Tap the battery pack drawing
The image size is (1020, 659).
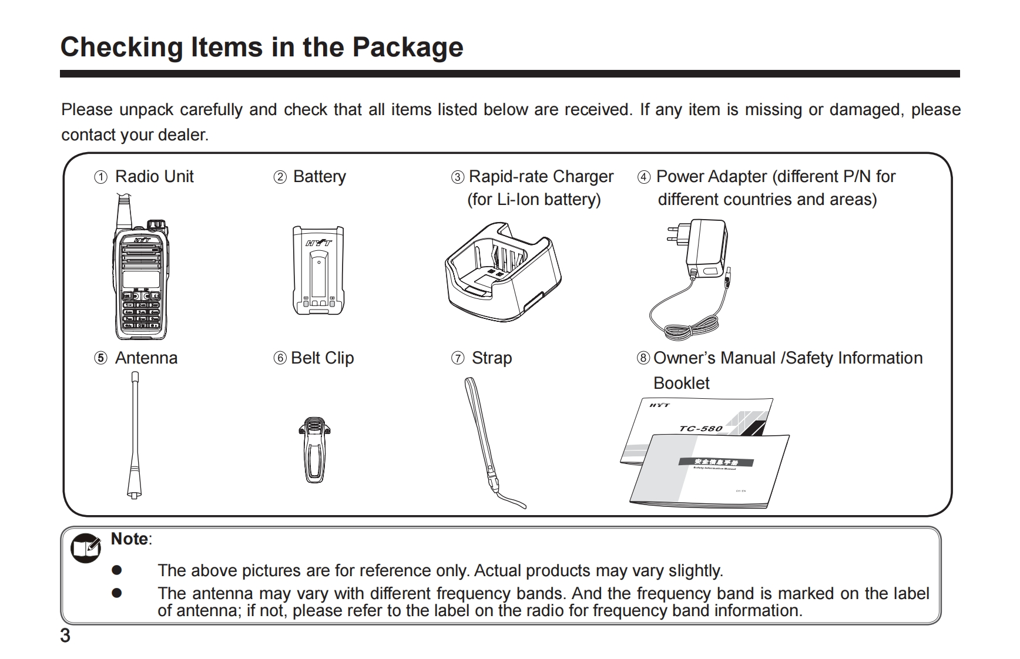pyautogui.click(x=318, y=270)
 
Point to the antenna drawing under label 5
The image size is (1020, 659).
pyautogui.click(x=135, y=435)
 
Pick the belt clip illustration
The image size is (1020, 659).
pyautogui.click(x=314, y=449)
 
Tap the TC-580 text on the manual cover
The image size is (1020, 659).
pyautogui.click(x=700, y=428)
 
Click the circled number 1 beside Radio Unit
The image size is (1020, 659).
pyautogui.click(x=101, y=177)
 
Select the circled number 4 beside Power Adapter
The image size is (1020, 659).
pyautogui.click(x=644, y=177)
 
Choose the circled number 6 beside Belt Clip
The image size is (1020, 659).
pyautogui.click(x=280, y=358)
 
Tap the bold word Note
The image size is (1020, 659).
pyautogui.click(x=130, y=539)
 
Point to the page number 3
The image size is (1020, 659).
pyautogui.click(x=65, y=636)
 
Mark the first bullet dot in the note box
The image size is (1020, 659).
pyautogui.click(x=117, y=570)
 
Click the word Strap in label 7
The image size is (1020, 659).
pyautogui.click(x=492, y=358)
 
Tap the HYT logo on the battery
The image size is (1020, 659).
pyautogui.click(x=318, y=242)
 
